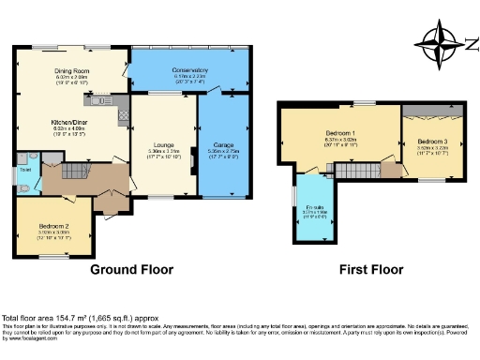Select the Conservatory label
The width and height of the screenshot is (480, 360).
coord(190,71)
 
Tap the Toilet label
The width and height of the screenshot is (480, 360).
coord(26,169)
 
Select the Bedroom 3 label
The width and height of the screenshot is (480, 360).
coord(433,141)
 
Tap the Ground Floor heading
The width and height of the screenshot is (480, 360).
coord(131,270)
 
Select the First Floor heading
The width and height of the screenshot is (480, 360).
coord(371,270)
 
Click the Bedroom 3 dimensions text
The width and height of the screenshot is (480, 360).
coord(433,149)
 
